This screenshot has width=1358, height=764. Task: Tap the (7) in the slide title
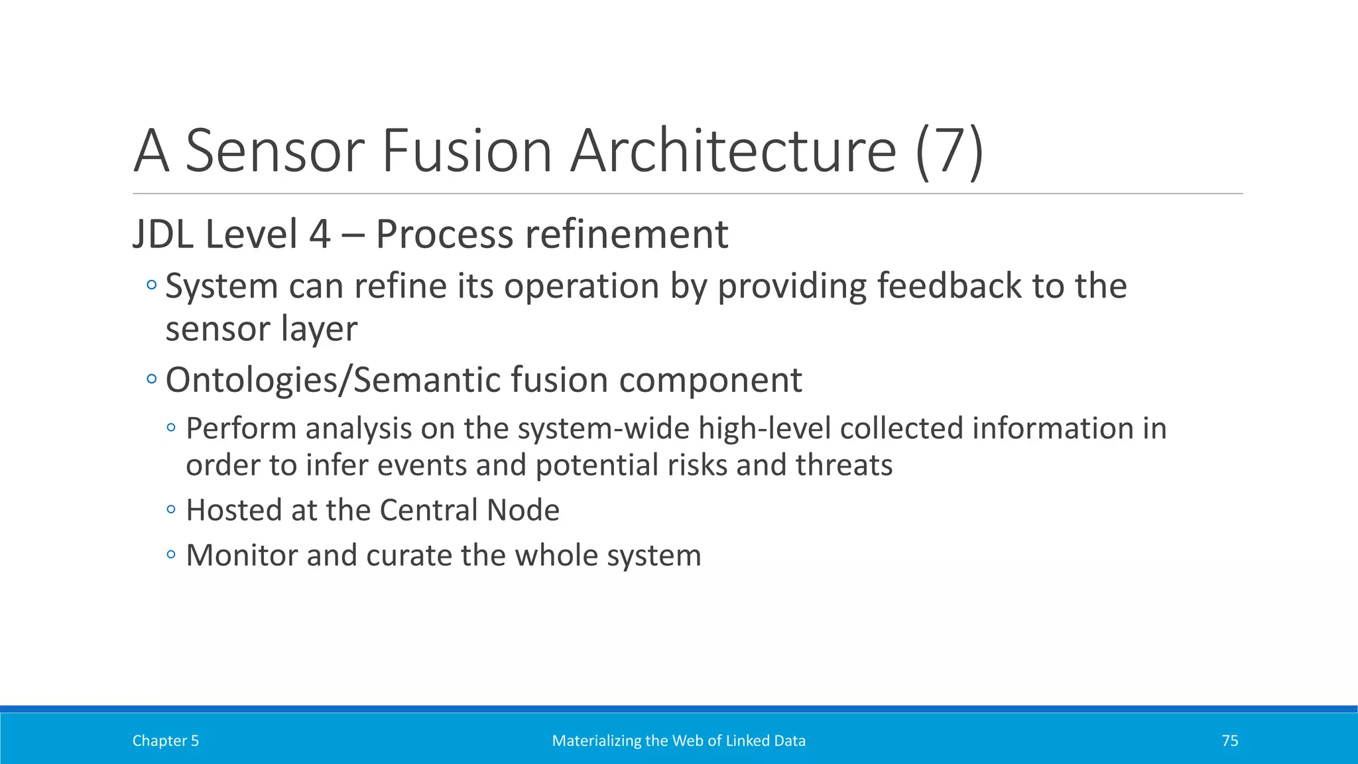(x=949, y=153)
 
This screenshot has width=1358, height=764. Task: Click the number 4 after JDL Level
(x=320, y=235)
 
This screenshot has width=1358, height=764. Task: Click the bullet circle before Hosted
(x=171, y=510)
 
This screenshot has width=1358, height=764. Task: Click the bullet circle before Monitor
(x=171, y=554)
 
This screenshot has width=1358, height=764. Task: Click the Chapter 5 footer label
(x=165, y=741)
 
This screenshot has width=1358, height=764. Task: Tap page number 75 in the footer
(x=1229, y=741)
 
